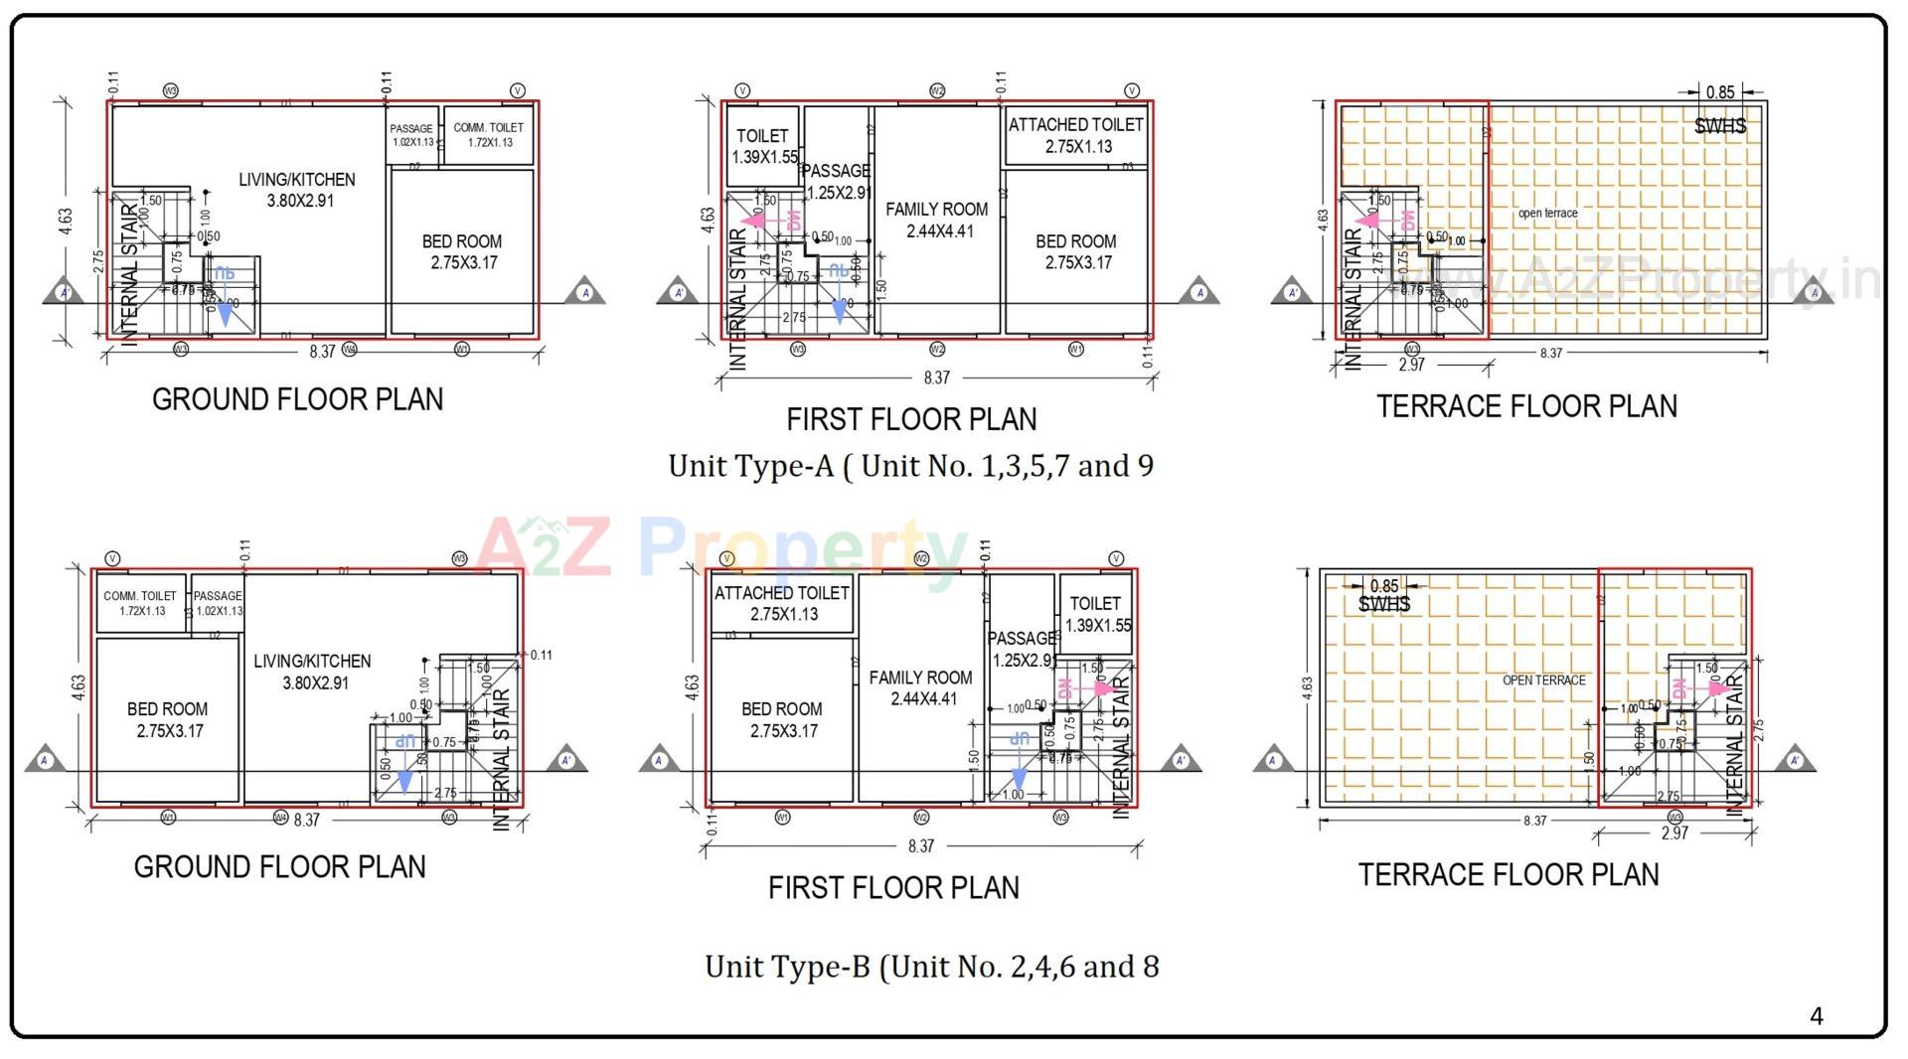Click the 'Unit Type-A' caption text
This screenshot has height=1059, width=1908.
(910, 465)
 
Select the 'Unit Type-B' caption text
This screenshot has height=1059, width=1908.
(931, 966)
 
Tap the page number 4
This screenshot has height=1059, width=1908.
(1816, 1015)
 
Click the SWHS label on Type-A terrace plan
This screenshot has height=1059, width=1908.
(1719, 126)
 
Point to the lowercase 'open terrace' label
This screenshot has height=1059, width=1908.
(1547, 214)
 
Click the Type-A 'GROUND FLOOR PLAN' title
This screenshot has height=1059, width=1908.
(297, 399)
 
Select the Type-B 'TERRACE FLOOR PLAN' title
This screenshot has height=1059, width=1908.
(1509, 874)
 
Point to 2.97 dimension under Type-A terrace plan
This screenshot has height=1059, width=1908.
(1411, 365)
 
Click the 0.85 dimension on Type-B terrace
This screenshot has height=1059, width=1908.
(1383, 586)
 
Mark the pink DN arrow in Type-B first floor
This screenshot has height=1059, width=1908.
(1101, 688)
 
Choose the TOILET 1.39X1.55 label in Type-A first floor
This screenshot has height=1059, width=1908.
(763, 146)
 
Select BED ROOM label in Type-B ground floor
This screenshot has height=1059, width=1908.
(167, 719)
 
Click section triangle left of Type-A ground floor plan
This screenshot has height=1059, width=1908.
(65, 291)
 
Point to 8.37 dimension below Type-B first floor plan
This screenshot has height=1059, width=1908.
(921, 846)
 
